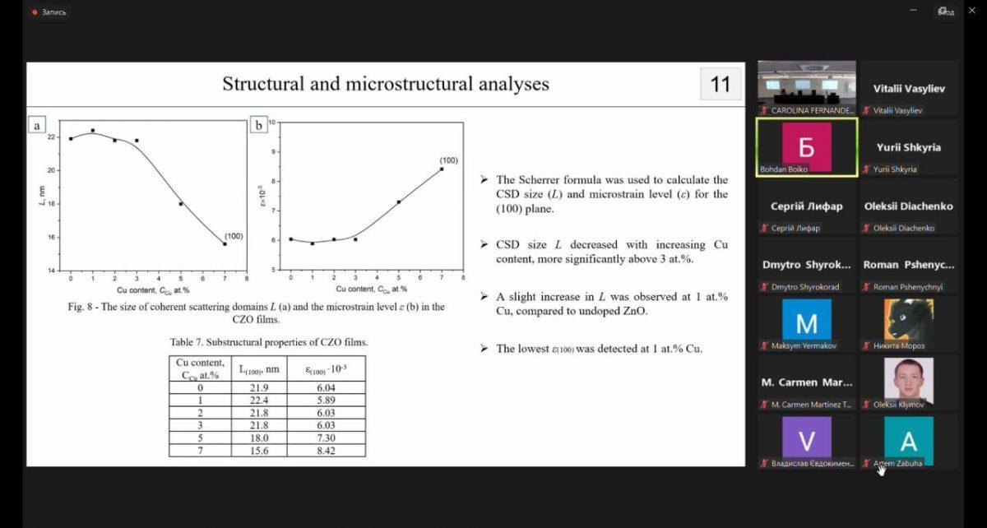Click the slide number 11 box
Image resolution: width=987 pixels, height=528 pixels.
tap(720, 85)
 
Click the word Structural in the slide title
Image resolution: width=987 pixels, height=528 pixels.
tap(265, 84)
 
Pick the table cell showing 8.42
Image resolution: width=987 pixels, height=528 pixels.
tap(326, 451)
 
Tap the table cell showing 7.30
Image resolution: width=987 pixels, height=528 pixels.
tap(326, 438)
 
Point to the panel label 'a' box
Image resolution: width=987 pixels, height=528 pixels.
tap(36, 125)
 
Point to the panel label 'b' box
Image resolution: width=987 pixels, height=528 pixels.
tap(258, 125)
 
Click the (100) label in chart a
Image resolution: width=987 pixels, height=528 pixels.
tap(234, 236)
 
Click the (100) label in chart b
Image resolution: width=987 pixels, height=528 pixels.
tap(448, 160)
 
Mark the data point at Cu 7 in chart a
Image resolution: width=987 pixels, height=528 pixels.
tap(225, 243)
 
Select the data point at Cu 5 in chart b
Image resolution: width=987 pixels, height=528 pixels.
tap(399, 201)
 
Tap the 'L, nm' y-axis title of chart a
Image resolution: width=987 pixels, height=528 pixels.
tap(42, 196)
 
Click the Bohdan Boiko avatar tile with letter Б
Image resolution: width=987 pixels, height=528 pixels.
tap(806, 146)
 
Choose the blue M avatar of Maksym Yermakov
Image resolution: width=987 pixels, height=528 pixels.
tap(806, 320)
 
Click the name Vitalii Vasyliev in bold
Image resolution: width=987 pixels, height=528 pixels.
tap(908, 88)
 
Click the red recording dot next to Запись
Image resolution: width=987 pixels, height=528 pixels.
tap(34, 12)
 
